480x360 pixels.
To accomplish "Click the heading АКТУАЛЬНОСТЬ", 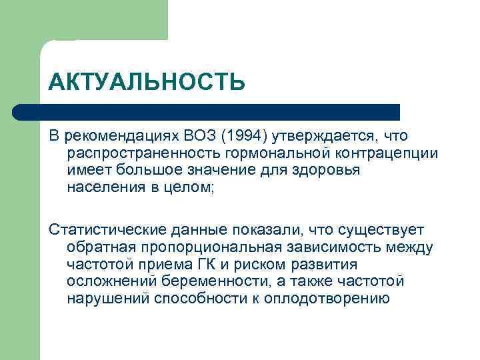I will (147, 83).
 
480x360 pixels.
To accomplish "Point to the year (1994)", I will (245, 136).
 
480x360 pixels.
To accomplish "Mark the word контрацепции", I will (377, 153).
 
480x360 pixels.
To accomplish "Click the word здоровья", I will (333, 170).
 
